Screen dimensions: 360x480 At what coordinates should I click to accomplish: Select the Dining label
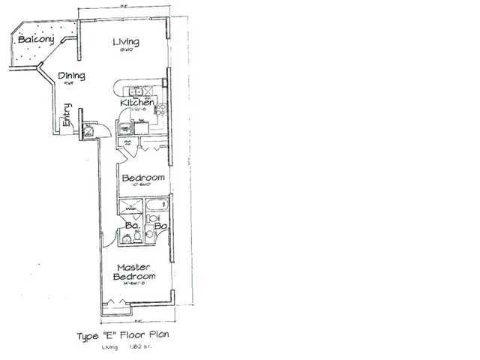pyautogui.click(x=70, y=76)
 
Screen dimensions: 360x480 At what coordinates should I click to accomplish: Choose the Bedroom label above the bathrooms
pyautogui.click(x=142, y=177)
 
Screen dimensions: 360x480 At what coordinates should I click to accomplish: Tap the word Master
pyautogui.click(x=133, y=268)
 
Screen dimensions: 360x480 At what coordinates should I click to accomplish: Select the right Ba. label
pyautogui.click(x=160, y=224)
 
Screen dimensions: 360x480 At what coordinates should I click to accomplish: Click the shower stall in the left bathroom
pyautogui.click(x=133, y=207)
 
